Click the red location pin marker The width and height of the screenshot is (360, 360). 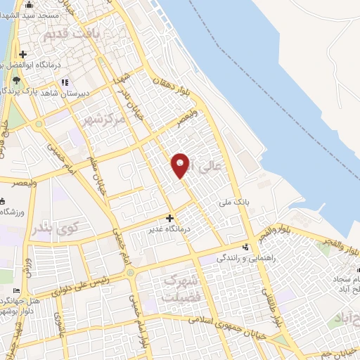181,165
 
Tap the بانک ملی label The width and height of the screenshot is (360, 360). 236,202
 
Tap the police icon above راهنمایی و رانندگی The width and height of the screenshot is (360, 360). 245,247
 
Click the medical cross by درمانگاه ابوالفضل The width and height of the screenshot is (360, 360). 22,54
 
